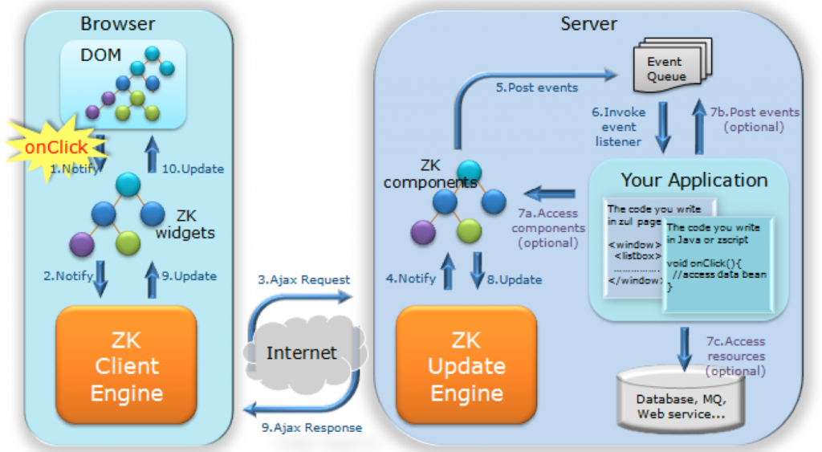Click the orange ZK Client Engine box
coord(126,366)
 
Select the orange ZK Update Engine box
coord(466,366)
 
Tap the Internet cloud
coord(302,352)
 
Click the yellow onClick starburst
coord(55,147)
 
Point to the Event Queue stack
coord(665,69)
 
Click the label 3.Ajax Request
coord(304,279)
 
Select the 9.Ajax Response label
coord(312,428)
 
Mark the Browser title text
coord(116,23)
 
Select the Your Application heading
coord(694,179)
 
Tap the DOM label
coord(100,55)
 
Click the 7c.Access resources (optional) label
coord(735,356)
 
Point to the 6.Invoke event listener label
coord(618,127)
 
